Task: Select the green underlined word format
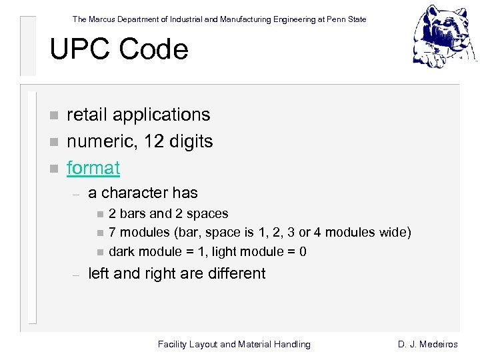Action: click(93, 168)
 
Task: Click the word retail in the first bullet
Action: click(87, 115)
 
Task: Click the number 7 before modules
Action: click(113, 233)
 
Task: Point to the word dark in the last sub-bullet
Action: click(121, 251)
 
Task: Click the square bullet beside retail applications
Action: click(54, 115)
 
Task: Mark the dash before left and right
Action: click(76, 274)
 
